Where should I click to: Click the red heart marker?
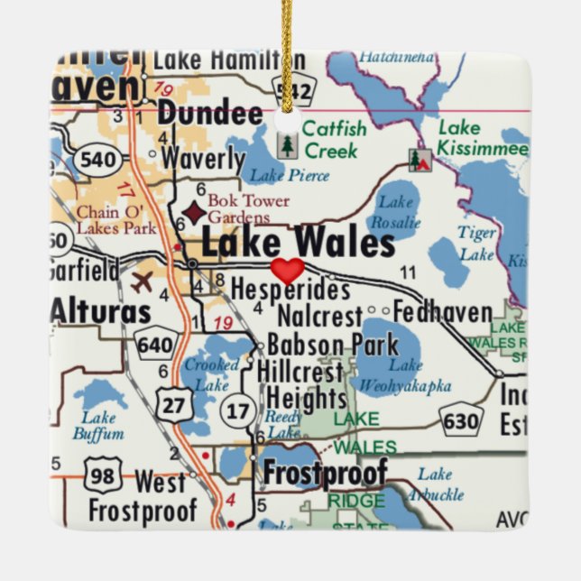click(288, 270)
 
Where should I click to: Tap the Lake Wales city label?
click(298, 244)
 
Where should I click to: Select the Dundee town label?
click(210, 114)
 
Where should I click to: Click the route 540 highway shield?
click(97, 161)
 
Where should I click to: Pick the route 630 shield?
click(462, 420)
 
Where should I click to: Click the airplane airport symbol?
click(143, 281)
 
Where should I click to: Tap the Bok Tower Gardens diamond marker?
click(193, 212)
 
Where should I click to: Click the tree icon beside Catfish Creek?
click(287, 144)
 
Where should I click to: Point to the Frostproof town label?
click(325, 473)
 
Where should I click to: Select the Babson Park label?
click(307, 346)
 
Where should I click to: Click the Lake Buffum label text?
click(98, 425)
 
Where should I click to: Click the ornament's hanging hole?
click(288, 120)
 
